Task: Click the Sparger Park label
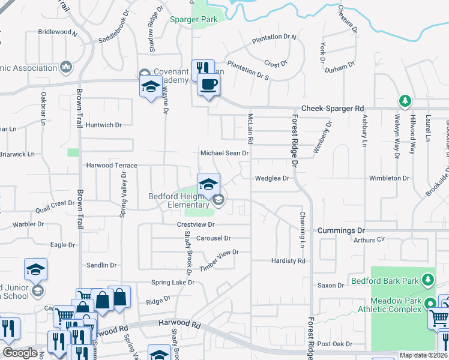[x=193, y=20]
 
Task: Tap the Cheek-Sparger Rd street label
[x=333, y=109]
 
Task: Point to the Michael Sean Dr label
[x=224, y=154]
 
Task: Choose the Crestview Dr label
[x=196, y=224]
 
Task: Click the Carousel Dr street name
[x=213, y=238]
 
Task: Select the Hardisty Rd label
[x=288, y=261]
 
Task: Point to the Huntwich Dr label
[x=103, y=125]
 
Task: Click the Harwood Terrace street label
[x=112, y=165]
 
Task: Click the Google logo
[x=20, y=353]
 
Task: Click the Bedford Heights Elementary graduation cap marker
[x=208, y=184]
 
